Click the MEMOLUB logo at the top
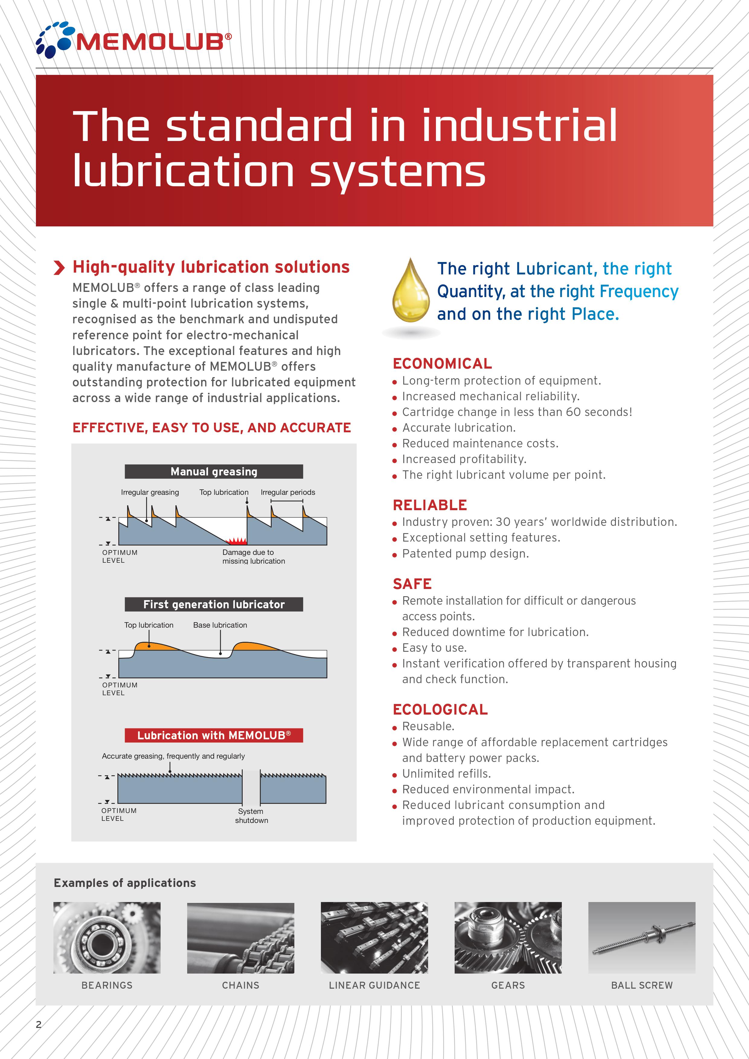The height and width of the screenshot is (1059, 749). (x=134, y=40)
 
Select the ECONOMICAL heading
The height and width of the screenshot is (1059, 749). (x=442, y=363)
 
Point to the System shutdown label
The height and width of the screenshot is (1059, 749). (x=251, y=815)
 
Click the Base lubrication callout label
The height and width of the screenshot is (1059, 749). (x=220, y=625)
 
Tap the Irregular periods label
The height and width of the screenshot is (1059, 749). (x=288, y=492)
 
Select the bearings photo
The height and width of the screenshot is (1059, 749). (x=107, y=938)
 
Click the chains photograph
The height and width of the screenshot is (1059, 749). (x=241, y=938)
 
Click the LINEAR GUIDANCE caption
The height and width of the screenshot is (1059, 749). (x=374, y=985)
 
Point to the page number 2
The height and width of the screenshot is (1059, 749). (x=39, y=1024)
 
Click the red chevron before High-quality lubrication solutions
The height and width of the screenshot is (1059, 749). (x=59, y=267)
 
